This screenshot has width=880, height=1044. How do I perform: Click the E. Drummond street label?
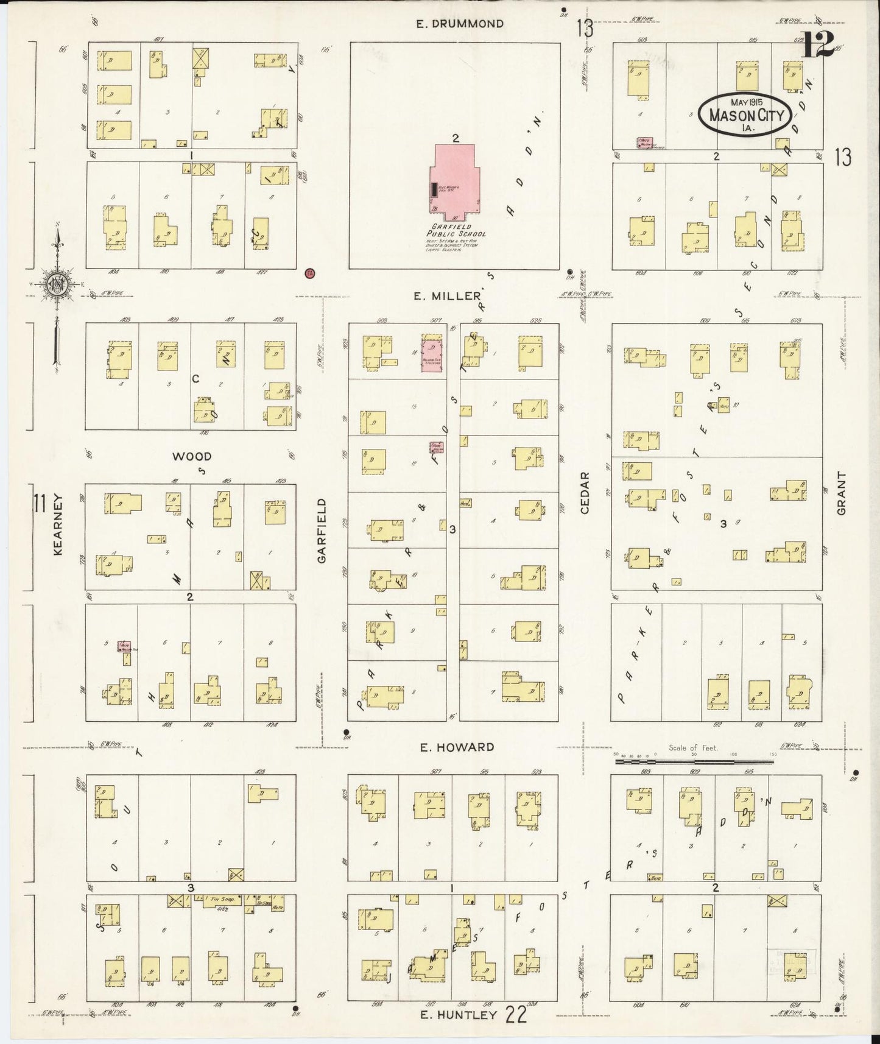pyautogui.click(x=460, y=24)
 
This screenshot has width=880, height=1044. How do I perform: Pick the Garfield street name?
pyautogui.click(x=322, y=530)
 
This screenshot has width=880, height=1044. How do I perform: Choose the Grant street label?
pyautogui.click(x=842, y=493)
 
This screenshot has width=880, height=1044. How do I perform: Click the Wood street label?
pyautogui.click(x=191, y=456)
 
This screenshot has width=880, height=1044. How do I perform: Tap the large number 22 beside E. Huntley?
pyautogui.click(x=515, y=1014)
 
